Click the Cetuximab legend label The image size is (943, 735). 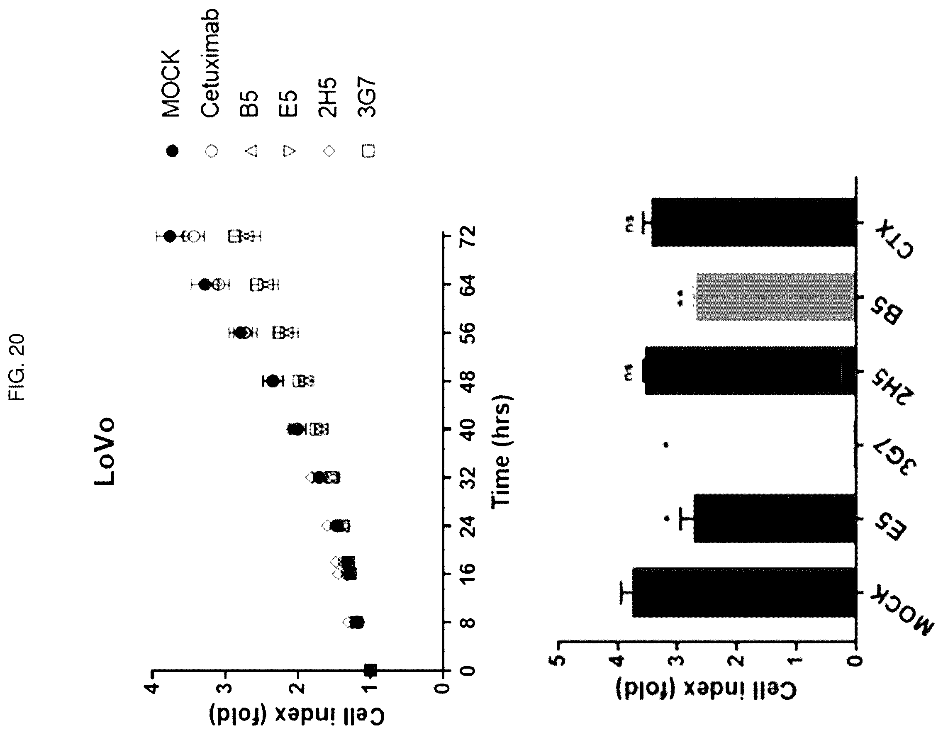click(211, 63)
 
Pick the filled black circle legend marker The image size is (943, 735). click(172, 151)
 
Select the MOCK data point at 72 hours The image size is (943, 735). click(170, 236)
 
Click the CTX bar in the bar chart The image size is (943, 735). click(753, 222)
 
